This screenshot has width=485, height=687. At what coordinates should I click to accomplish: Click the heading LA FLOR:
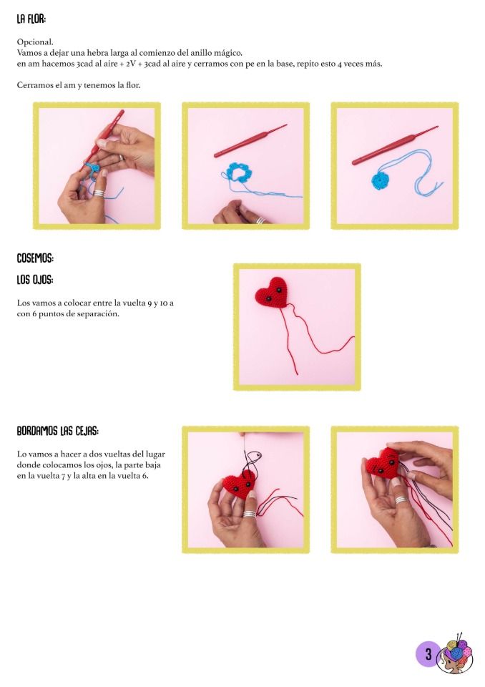click(x=31, y=19)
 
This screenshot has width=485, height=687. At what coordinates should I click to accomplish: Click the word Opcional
click(x=35, y=42)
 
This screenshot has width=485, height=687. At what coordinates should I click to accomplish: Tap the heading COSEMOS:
click(x=35, y=258)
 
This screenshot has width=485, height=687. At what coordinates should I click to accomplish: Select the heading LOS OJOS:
click(x=35, y=280)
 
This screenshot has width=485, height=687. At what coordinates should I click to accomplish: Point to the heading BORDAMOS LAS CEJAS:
click(x=58, y=431)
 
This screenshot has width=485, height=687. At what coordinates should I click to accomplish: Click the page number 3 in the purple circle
click(x=428, y=655)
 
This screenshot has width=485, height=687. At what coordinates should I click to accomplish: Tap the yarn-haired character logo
click(x=457, y=653)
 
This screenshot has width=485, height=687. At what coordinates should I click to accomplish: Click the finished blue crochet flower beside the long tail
click(x=380, y=180)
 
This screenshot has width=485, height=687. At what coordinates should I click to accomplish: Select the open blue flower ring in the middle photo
click(x=239, y=172)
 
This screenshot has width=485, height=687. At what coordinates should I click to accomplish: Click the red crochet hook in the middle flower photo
click(x=250, y=141)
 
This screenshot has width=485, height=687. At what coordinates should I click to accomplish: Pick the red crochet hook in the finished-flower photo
click(x=395, y=145)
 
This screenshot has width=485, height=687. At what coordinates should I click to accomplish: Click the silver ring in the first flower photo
click(x=99, y=193)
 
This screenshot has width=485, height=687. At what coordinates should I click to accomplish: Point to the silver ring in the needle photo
click(x=250, y=514)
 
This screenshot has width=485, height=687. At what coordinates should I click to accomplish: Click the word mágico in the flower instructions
click(x=227, y=53)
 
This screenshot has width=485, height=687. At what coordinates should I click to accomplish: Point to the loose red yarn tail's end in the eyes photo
click(x=298, y=374)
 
